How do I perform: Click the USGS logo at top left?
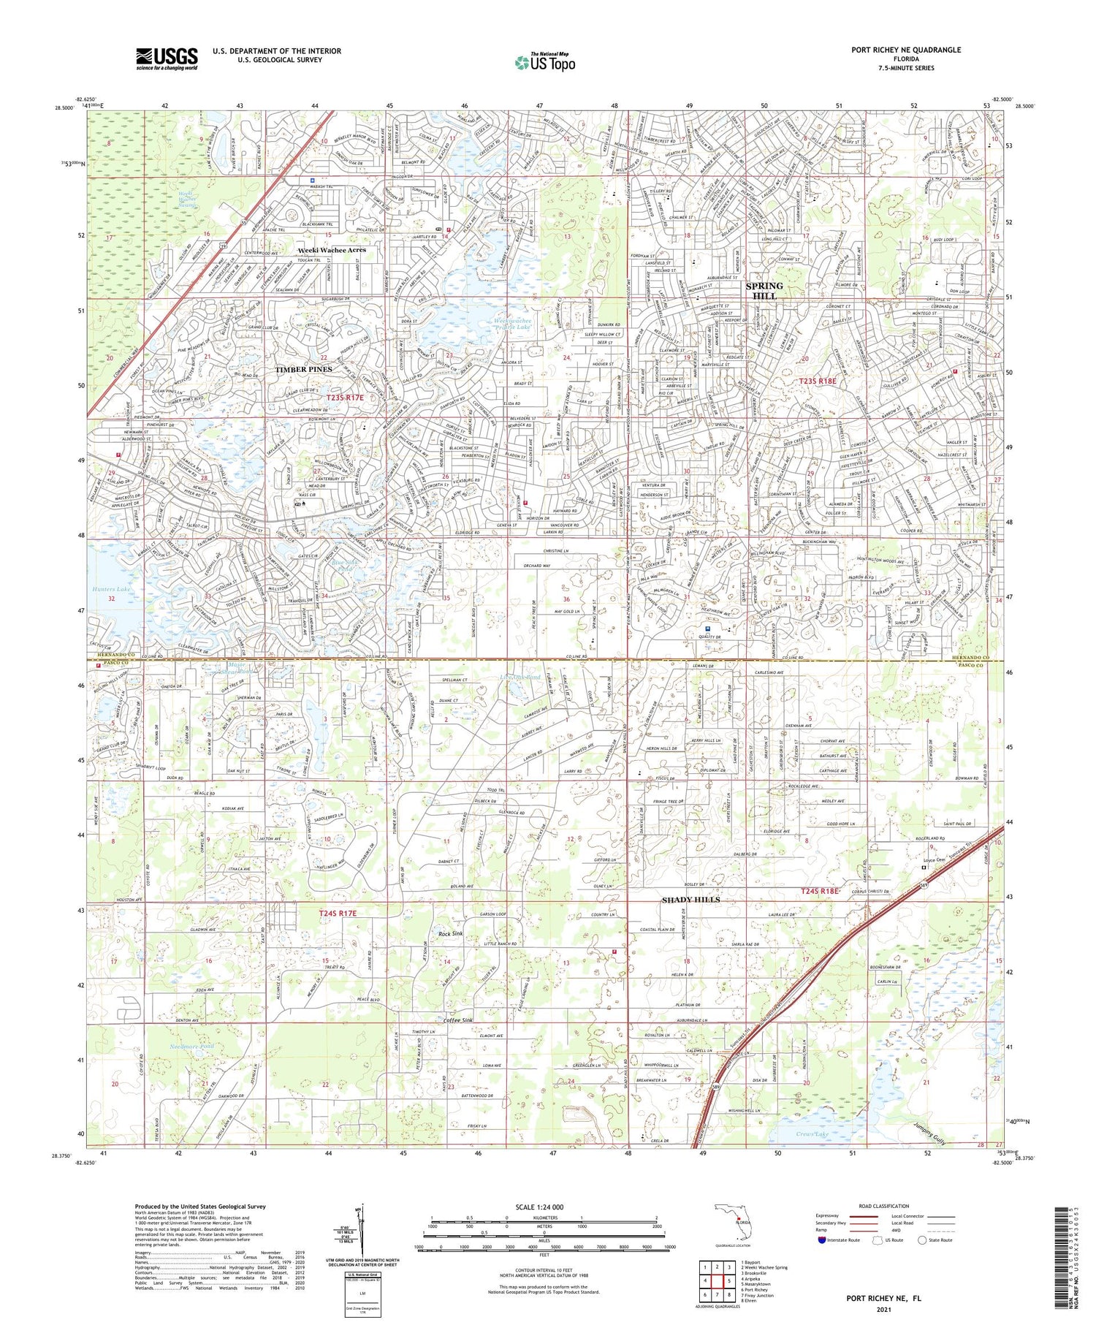coord(167,58)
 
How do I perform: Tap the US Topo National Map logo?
coord(544,62)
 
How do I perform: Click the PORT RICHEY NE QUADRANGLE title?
coord(905,50)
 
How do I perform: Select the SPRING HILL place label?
coord(764,291)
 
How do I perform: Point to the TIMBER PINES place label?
coord(303,370)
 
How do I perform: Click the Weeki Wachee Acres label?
coord(332,250)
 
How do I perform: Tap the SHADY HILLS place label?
coord(690,900)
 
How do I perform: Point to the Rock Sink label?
coord(450,934)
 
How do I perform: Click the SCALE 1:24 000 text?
coord(537,1207)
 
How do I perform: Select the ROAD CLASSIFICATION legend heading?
coord(884,1206)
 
